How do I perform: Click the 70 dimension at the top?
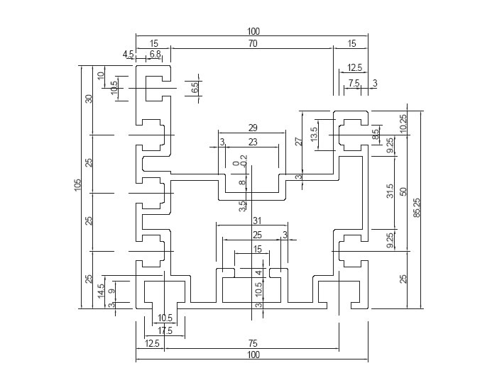coord(253,43)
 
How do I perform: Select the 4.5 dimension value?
coord(128,54)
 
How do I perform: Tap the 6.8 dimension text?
coord(155,54)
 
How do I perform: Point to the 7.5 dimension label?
coord(354,84)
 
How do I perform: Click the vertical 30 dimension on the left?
coord(89,99)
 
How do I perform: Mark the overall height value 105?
coord(78,185)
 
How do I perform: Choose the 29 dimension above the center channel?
coord(252,128)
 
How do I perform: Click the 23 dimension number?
coord(253,142)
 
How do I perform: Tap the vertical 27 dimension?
coord(299,141)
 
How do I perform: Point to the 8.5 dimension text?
coord(376,133)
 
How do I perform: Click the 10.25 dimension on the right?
coord(403,123)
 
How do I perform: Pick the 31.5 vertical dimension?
coord(390,191)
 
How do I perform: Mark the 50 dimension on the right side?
coord(403,191)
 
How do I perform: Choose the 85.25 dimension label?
coord(417,208)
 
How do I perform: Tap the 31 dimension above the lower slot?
coord(257,221)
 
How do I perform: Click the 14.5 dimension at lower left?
coord(101,290)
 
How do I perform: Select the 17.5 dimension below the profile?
coord(165,330)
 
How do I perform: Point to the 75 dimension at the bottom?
coord(253,343)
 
